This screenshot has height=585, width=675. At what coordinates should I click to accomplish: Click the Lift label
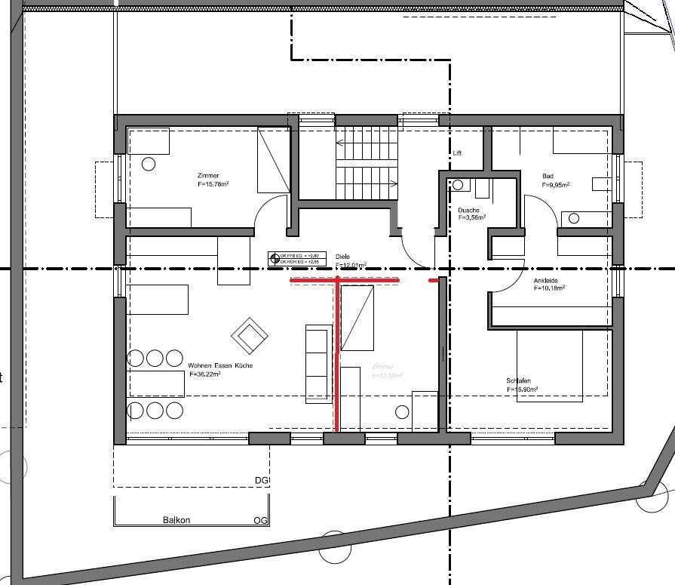coord(457,152)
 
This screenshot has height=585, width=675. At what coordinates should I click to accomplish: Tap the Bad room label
coord(548,176)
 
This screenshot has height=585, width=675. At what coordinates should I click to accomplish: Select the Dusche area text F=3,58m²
coord(472,217)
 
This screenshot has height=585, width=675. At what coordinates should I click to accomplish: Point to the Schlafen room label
coord(520,380)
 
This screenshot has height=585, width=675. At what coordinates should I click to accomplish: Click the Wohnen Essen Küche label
coord(220,365)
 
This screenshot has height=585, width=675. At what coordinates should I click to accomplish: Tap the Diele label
coord(343,257)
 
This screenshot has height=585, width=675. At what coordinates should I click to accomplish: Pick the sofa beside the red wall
coord(318,364)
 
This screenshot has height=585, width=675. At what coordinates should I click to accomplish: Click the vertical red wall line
coord(336,355)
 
